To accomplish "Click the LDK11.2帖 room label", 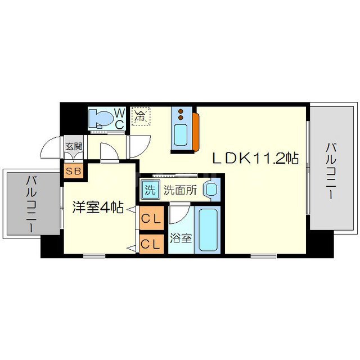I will (254, 159).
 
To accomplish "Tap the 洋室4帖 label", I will (98, 207).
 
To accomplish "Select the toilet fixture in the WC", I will (102, 119).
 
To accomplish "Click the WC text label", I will (120, 119).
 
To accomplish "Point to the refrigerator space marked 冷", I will (140, 117).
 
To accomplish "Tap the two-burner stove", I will (181, 114).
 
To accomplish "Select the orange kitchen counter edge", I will (195, 132).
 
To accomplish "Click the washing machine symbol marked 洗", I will (150, 190).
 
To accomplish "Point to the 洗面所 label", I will (179, 190).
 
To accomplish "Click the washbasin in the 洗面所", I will (211, 190).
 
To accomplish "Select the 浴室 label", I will (181, 237).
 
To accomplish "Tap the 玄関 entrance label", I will (73, 147).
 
